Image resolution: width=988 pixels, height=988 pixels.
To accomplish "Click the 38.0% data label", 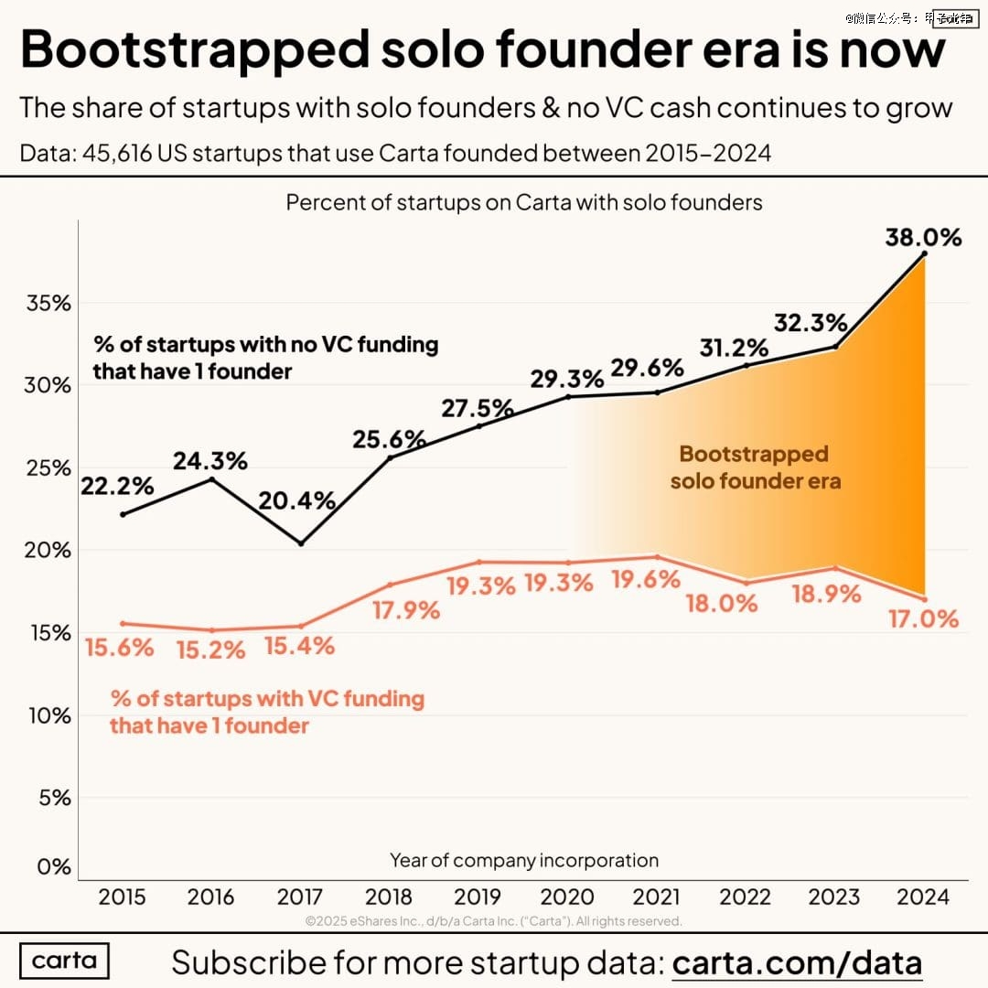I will point(923,238).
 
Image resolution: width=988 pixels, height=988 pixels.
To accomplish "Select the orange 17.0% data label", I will point(922,618).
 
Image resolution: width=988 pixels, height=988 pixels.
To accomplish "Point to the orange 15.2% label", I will point(210,650).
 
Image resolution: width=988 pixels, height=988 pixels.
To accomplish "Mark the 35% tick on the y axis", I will point(48,303).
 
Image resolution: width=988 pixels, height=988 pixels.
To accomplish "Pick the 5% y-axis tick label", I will point(53,798).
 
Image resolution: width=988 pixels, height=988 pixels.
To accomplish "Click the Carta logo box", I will point(63,961).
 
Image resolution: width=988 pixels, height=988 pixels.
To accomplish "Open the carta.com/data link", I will point(797,962).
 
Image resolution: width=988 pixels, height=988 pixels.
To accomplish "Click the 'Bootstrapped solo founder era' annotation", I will point(755,467).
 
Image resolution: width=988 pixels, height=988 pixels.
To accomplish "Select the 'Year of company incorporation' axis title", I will point(524,860).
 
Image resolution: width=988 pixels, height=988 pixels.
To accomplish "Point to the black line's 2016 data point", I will point(211,479).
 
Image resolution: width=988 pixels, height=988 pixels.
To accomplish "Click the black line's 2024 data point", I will point(926,253).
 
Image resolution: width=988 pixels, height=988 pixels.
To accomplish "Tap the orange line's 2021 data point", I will point(657,557).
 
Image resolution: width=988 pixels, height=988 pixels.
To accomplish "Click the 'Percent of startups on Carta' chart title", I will point(524,202).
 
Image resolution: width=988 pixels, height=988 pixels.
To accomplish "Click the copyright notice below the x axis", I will point(494,920).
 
